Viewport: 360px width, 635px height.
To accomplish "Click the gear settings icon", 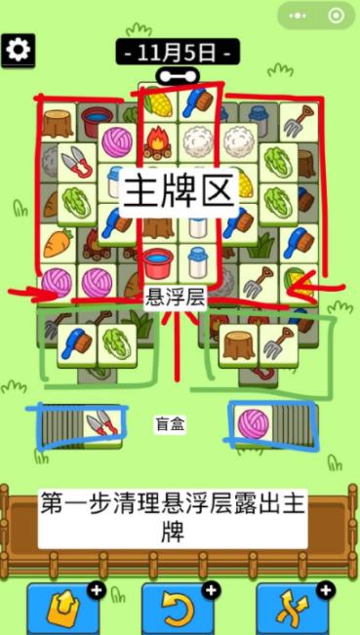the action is point(18,50).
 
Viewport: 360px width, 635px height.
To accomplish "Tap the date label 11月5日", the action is point(179,52).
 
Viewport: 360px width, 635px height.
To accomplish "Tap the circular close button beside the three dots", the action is point(337,16).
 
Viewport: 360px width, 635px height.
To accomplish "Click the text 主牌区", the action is point(179,190).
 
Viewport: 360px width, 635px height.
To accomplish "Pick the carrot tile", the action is point(58,245).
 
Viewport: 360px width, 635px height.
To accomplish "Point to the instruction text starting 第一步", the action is point(173,517).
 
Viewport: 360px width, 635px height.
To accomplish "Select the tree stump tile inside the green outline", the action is point(237,342).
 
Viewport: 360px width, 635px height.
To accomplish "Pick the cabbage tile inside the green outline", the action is point(117,342).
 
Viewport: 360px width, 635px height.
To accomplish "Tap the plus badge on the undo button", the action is point(211,589).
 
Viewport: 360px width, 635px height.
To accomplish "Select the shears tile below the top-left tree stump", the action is point(74,165).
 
